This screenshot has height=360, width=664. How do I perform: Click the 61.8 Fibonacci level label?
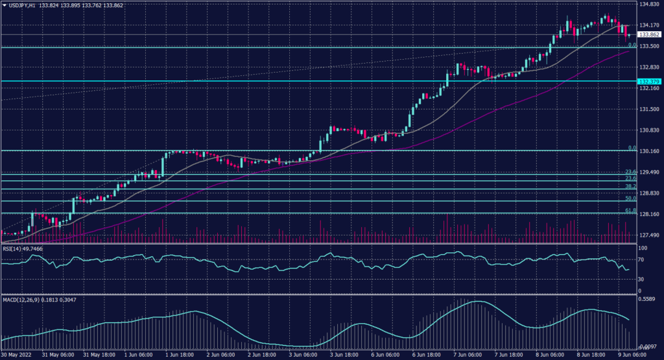[x=629, y=210]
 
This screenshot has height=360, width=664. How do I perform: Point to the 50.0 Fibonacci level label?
[x=629, y=198]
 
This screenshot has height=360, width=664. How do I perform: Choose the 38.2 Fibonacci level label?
[x=629, y=186]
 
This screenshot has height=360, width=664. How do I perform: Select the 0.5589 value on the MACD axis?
[x=648, y=300]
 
